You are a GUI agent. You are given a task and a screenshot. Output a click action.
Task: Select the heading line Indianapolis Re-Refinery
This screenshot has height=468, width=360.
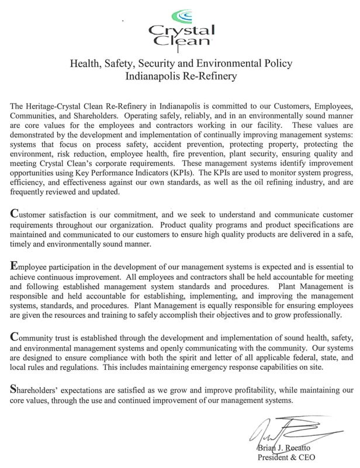[181, 75]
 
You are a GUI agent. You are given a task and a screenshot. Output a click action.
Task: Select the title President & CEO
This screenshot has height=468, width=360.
[286, 457]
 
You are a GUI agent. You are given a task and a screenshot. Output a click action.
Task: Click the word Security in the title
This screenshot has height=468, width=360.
[164, 63]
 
